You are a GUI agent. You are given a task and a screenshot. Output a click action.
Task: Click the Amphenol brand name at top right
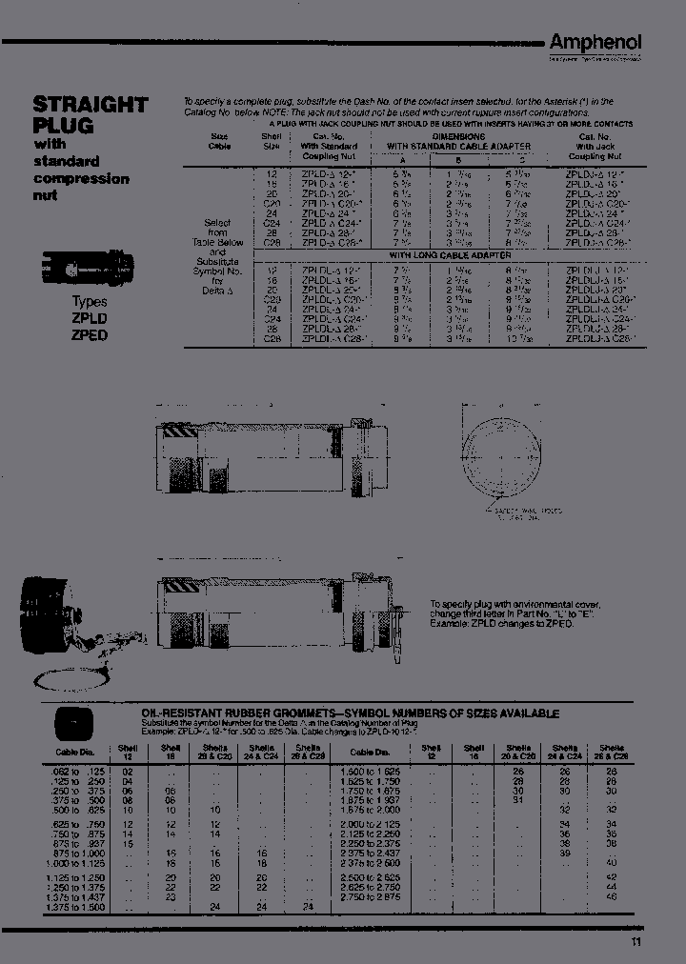tap(595, 42)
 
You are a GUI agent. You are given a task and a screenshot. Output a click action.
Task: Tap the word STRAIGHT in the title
tap(90, 105)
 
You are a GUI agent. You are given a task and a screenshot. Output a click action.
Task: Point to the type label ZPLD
tap(90, 318)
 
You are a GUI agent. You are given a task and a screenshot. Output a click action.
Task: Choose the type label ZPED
tap(90, 335)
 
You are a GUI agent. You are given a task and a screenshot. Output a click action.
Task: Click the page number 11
tap(636, 943)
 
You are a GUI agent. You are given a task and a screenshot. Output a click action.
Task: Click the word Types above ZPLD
tap(90, 300)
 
